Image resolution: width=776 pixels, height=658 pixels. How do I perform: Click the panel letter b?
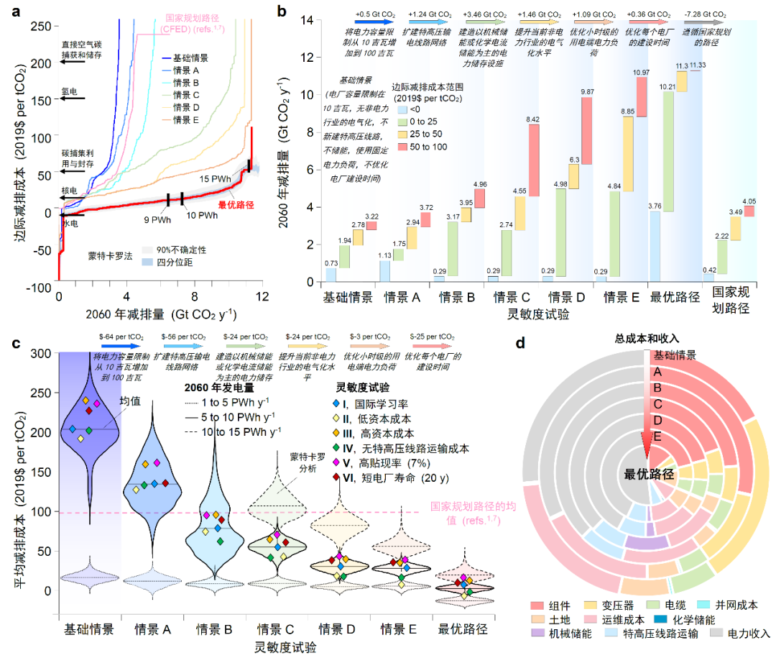pos(282,10)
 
